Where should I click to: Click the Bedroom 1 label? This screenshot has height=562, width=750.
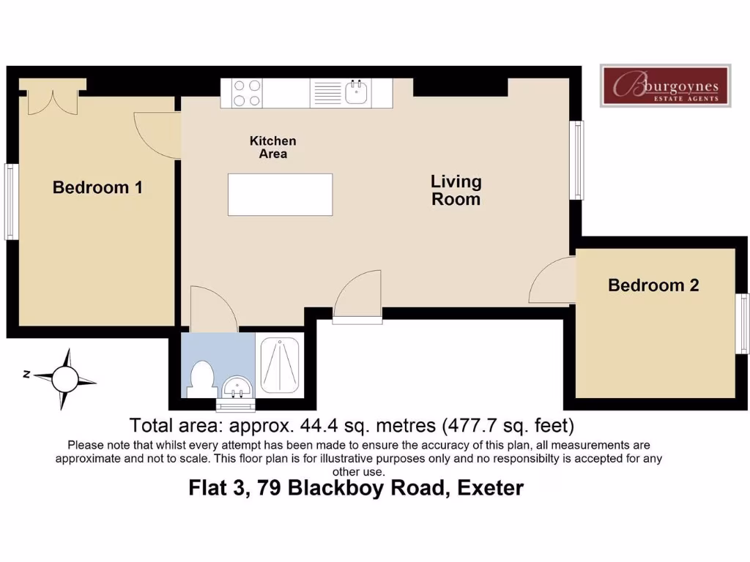97,187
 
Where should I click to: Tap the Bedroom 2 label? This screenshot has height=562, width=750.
653,285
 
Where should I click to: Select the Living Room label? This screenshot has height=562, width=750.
456,190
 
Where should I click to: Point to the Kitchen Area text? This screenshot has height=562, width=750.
272,147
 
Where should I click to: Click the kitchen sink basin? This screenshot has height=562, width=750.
356,92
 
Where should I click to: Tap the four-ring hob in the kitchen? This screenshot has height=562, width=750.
247,93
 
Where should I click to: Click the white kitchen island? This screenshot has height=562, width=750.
281,195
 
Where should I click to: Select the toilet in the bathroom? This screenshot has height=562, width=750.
202,380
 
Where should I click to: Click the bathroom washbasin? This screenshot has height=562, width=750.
237,387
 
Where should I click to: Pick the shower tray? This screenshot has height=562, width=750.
279,366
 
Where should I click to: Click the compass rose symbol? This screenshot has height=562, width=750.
64,380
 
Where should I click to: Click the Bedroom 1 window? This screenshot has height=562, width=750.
11,202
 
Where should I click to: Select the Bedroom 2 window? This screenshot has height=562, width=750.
743,323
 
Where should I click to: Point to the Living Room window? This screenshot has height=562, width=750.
577,160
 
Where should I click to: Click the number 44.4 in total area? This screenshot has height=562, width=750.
318,425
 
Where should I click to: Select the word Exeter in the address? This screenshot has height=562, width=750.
490,488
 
